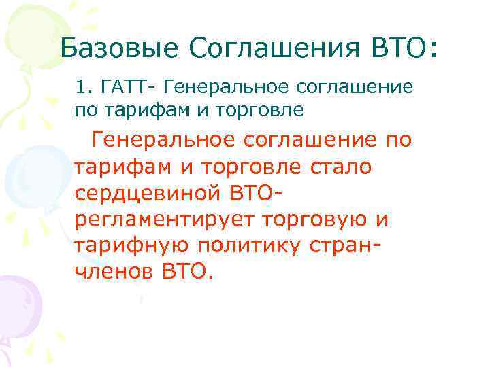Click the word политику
click(242, 246)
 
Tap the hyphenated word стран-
click(343, 246)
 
